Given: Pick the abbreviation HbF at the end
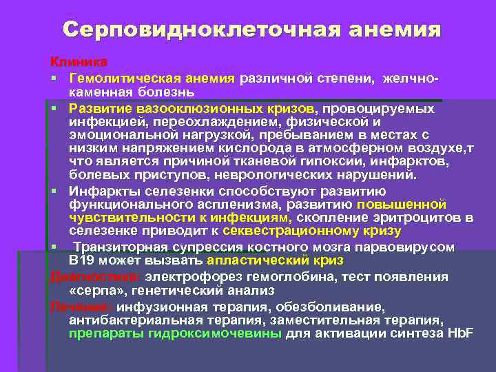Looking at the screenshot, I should (459, 334).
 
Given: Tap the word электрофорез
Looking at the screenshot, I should (203, 276).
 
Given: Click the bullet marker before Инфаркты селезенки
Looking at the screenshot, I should (52, 190).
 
